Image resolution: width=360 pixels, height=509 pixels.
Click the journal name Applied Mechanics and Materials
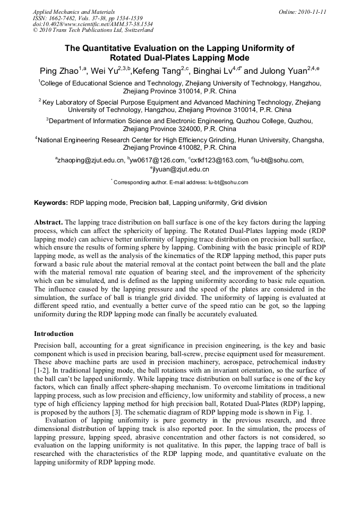click(x=73, y=12)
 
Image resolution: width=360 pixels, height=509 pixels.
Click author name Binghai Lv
click(x=213, y=71)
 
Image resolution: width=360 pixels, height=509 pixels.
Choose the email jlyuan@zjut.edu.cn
click(x=182, y=170)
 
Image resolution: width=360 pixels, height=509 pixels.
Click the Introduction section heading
click(x=54, y=334)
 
